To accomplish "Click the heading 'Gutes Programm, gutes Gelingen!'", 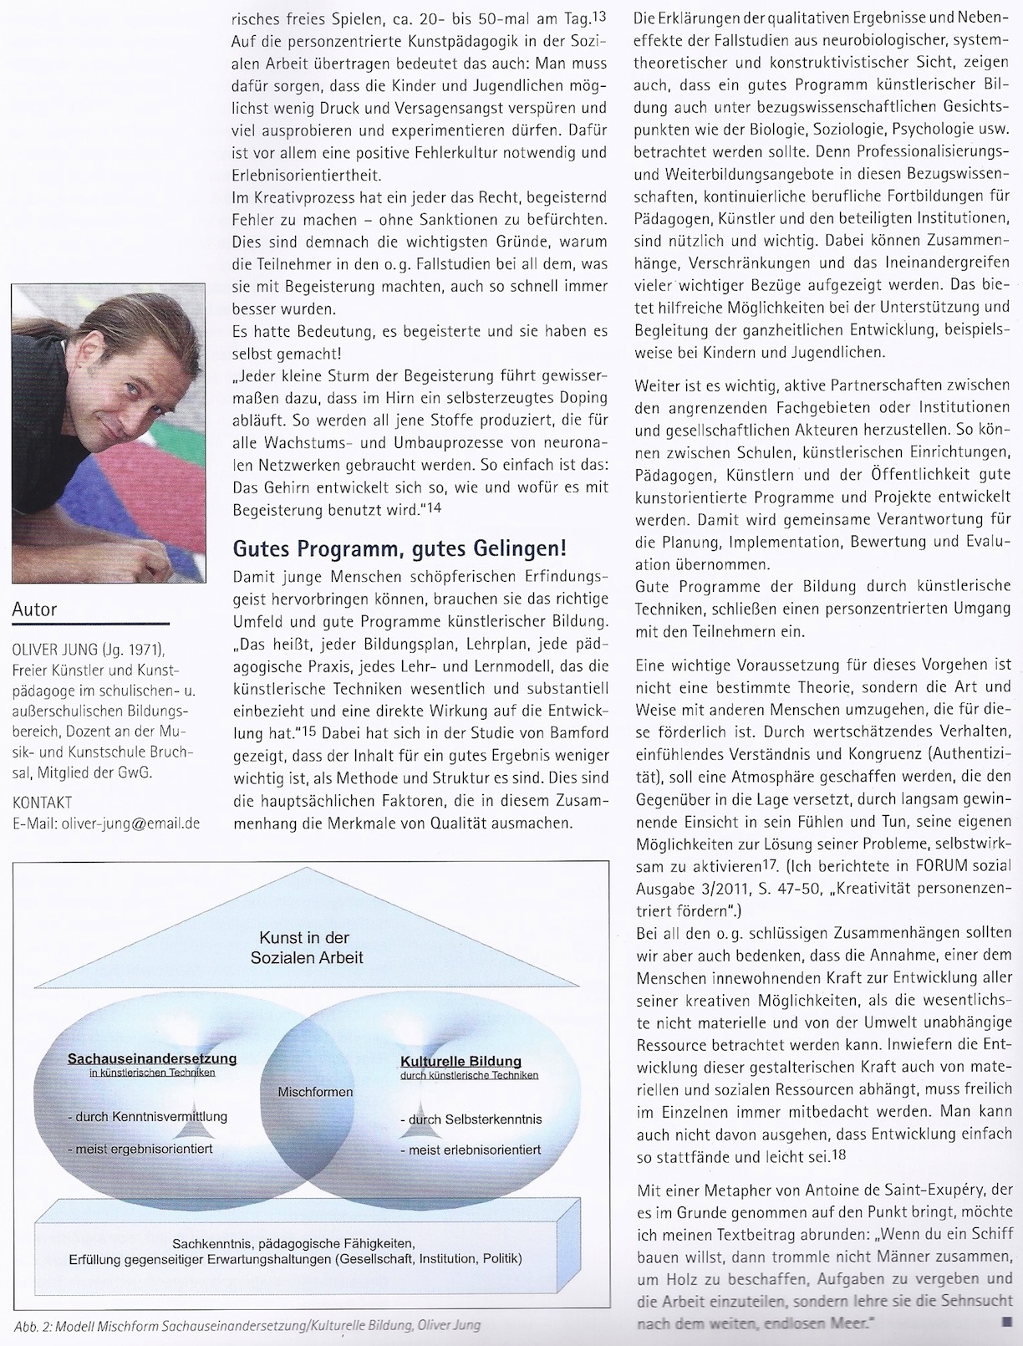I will (399, 549).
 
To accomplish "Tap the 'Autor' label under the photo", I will (34, 609).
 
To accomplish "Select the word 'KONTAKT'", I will (42, 803).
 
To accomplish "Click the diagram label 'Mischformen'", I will (315, 1092).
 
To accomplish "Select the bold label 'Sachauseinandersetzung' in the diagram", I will (152, 1058).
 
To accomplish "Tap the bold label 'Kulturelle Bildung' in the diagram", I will (460, 1061).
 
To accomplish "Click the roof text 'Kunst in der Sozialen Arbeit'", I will (304, 947).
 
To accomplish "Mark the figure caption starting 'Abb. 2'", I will (247, 1326).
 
